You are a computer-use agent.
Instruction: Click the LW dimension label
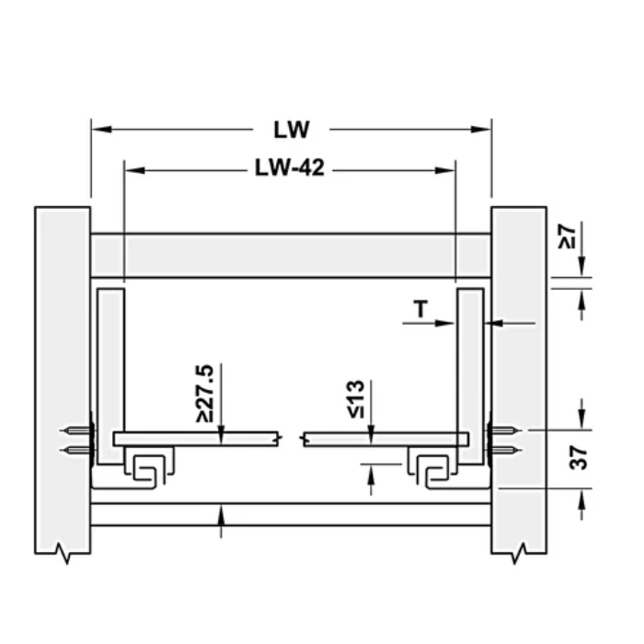(x=291, y=129)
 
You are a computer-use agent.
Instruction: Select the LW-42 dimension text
(x=289, y=169)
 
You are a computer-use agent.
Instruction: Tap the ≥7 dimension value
(x=568, y=236)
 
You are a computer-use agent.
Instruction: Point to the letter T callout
(x=420, y=309)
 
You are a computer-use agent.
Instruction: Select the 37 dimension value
(x=577, y=457)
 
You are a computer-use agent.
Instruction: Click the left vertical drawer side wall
(x=109, y=368)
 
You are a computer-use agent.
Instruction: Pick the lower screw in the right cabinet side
(x=502, y=451)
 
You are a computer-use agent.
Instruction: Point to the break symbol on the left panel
(x=63, y=553)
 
